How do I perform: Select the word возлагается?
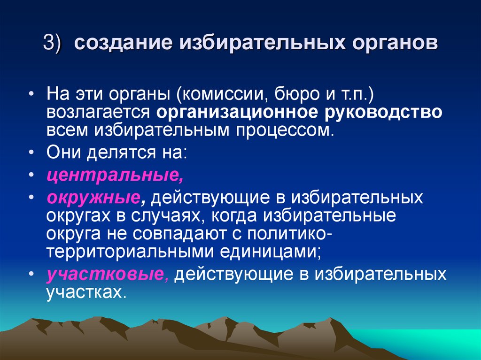[x=99, y=113]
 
